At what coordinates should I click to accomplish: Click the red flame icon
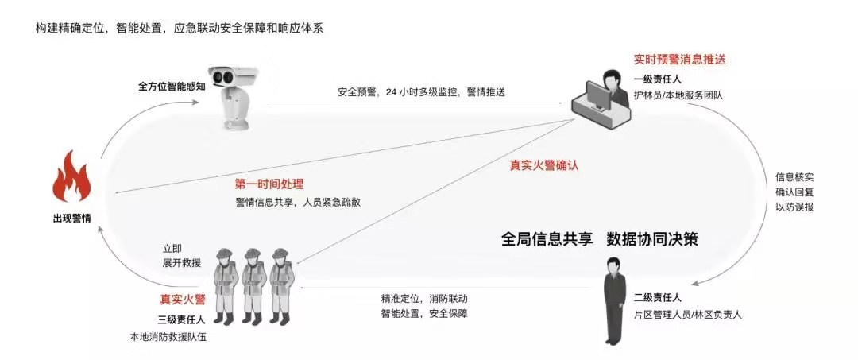(x=71, y=176)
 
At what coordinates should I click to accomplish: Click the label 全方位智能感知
(x=172, y=87)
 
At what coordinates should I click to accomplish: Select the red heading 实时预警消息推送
(x=679, y=60)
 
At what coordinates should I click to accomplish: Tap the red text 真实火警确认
(x=544, y=165)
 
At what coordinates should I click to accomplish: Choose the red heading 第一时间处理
(x=269, y=184)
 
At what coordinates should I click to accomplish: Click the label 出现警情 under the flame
(x=71, y=219)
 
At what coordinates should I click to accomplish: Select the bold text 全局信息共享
(x=547, y=239)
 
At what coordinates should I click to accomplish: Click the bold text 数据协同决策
(x=652, y=239)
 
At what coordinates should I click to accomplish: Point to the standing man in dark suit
(x=615, y=301)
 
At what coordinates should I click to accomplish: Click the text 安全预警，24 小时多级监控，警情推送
(x=421, y=92)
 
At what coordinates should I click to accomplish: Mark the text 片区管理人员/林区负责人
(x=688, y=315)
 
